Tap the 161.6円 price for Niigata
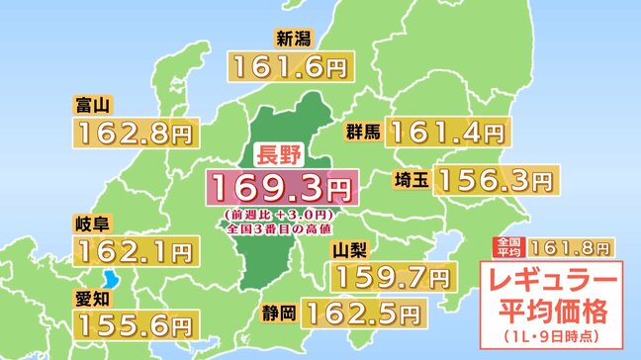coord(289,66)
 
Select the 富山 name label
coord(90,104)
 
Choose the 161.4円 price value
coord(446,130)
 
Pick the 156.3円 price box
coord(492,179)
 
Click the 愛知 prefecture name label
coord(90,296)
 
